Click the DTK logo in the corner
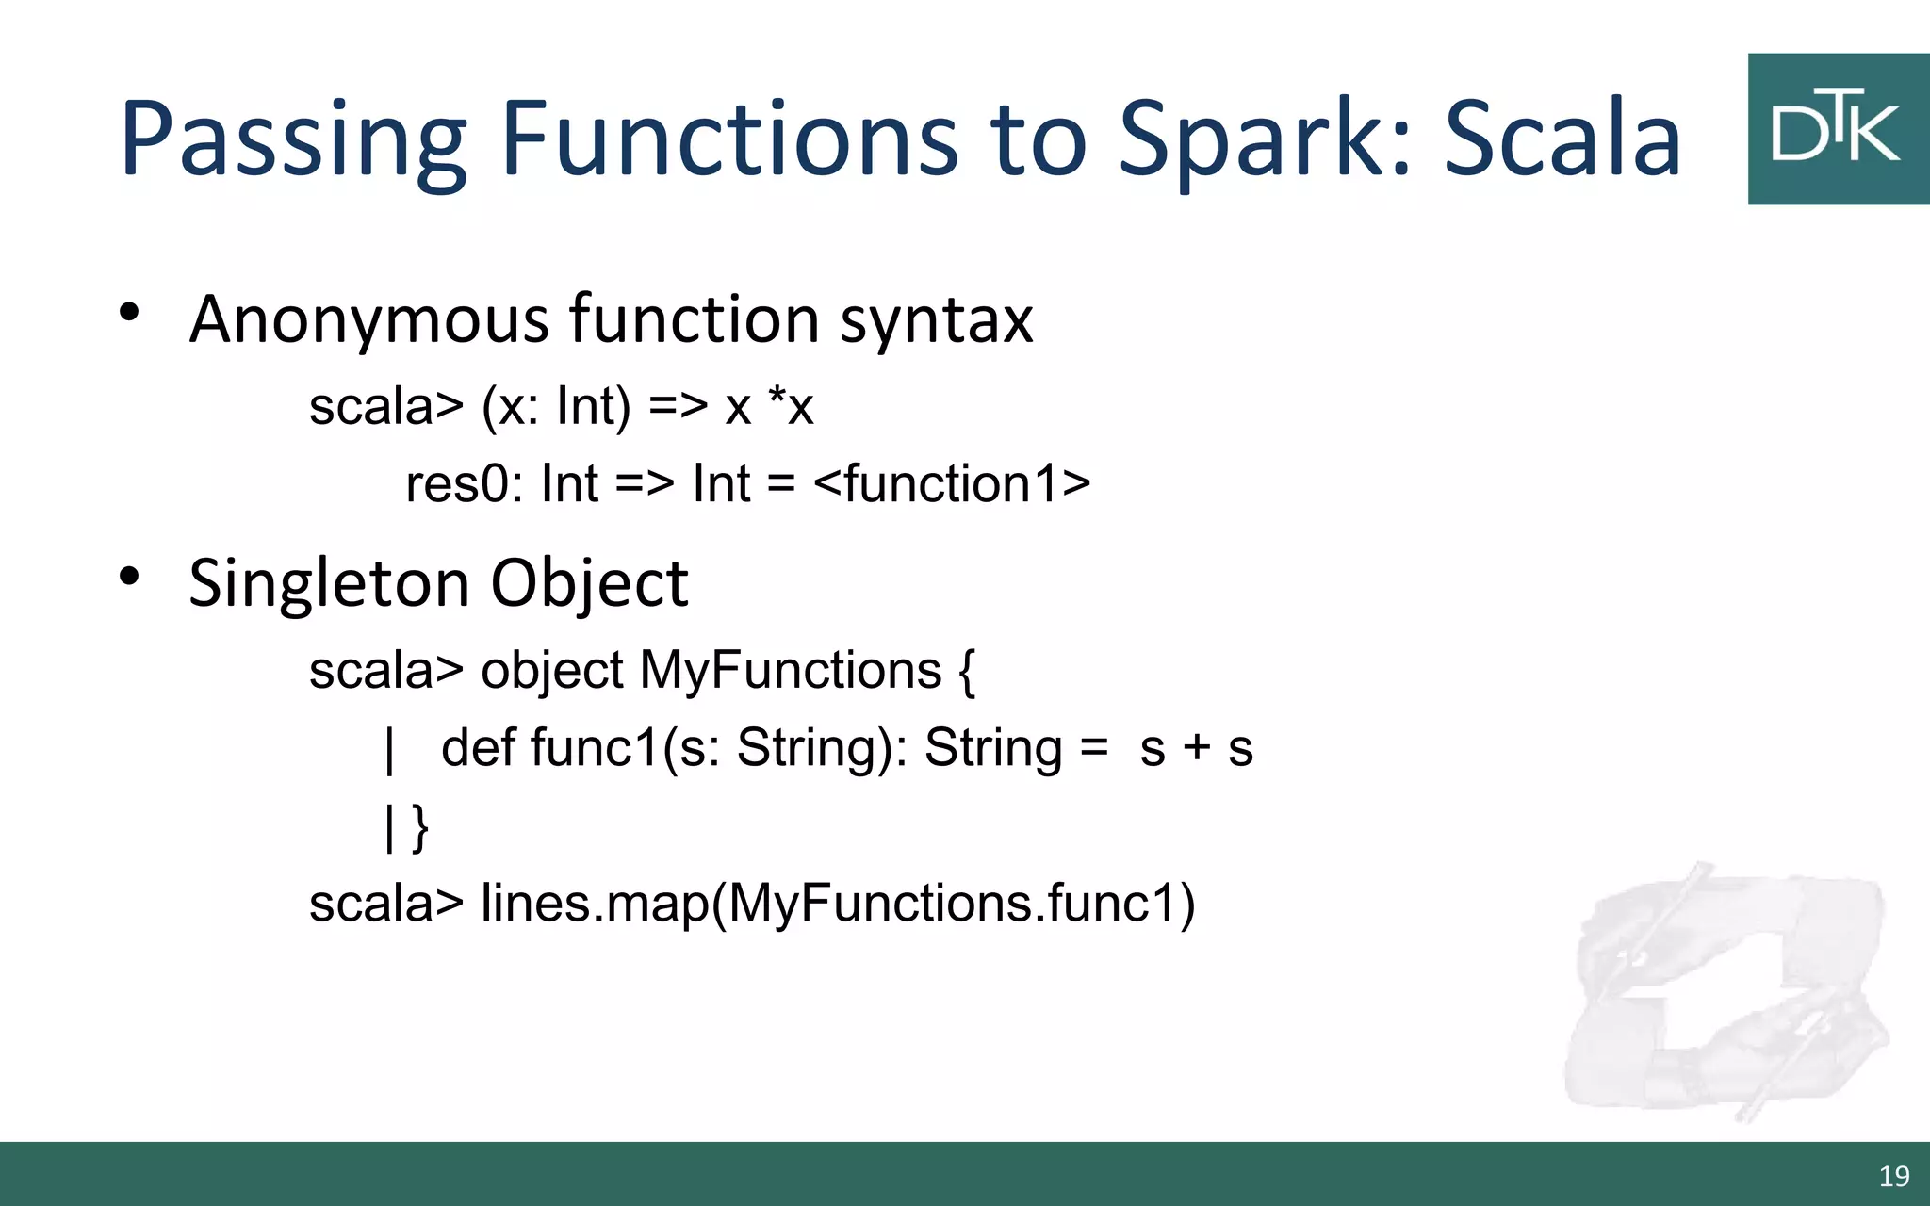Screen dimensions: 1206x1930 pyautogui.click(x=1838, y=129)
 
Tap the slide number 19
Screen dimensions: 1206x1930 pyautogui.click(x=1894, y=1176)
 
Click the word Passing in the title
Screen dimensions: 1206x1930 pyautogui.click(x=293, y=139)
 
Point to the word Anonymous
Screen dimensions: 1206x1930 pyautogui.click(x=368, y=319)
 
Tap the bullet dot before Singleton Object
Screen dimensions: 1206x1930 pyautogui.click(x=130, y=576)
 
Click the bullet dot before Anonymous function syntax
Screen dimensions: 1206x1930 pyautogui.click(x=130, y=312)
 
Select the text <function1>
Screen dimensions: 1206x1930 pyautogui.click(x=952, y=484)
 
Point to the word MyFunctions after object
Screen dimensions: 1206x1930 pyautogui.click(x=791, y=671)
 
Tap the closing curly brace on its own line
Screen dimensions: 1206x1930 pyautogui.click(x=420, y=827)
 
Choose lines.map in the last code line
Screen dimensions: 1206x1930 pyautogui.click(x=595, y=903)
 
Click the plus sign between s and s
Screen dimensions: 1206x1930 pyautogui.click(x=1197, y=748)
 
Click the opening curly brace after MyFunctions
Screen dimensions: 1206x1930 pyautogui.click(x=967, y=671)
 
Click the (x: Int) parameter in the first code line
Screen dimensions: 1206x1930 pyautogui.click(x=556, y=407)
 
